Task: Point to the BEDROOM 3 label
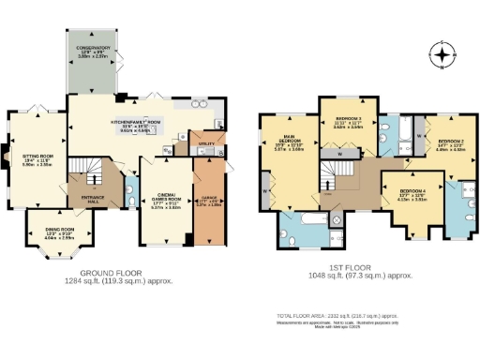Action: pyautogui.click(x=350, y=120)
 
